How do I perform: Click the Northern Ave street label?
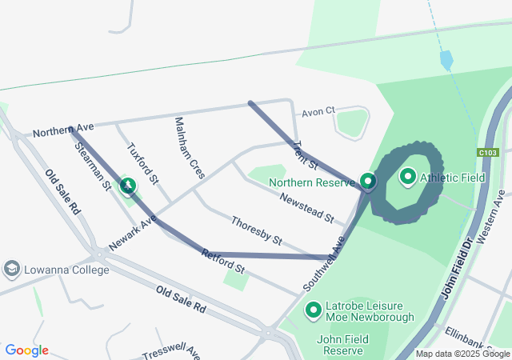[64, 129]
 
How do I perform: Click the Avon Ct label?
[318, 111]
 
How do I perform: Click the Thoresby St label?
[256, 230]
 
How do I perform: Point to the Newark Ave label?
[134, 232]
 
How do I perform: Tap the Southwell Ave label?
[325, 263]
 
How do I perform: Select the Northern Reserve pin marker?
[367, 182]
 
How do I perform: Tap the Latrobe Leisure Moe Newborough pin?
[314, 309]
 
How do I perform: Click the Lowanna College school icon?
[12, 270]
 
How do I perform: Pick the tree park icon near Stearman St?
[126, 186]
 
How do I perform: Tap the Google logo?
[27, 350]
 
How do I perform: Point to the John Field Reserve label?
[342, 345]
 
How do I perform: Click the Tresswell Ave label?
[170, 353]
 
